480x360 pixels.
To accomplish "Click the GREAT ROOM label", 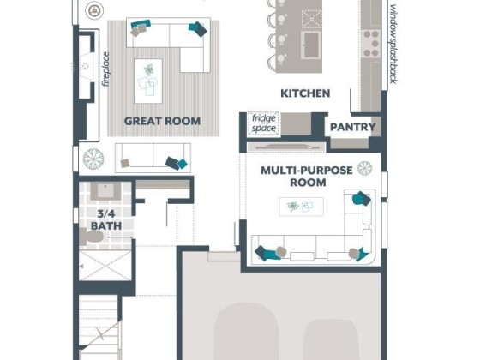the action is coord(162,121).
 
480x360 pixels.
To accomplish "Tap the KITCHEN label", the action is coord(305,93).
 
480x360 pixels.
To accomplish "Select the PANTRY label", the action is coord(352,127).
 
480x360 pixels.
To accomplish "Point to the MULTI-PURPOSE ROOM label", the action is coord(307,177).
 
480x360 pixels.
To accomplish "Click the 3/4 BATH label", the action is coord(106,219).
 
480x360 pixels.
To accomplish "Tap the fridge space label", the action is coord(264,123).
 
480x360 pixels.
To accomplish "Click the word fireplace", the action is coord(106,69).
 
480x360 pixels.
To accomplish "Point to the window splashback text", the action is coord(393,45).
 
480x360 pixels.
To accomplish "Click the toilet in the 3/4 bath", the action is coord(92,237).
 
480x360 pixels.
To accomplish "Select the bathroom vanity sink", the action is coord(106,191).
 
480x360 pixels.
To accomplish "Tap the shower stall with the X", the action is coord(105,265).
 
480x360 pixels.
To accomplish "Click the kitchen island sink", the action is coord(311,45).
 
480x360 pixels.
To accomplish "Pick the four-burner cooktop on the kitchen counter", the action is coord(370,44).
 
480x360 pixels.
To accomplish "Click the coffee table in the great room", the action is coord(148,81).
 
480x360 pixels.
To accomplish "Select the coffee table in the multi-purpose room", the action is coord(301,207).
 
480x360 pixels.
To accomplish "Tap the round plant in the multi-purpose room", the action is coord(365,168).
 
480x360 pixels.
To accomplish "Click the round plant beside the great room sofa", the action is coord(93,159).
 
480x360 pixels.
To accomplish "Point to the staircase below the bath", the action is coord(99,327).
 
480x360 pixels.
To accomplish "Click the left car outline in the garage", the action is coord(247,332).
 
